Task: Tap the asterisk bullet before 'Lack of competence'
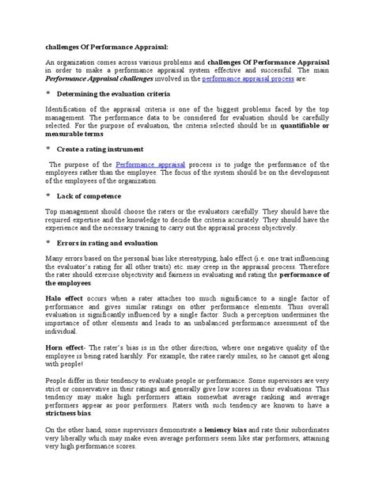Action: click(x=48, y=196)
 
